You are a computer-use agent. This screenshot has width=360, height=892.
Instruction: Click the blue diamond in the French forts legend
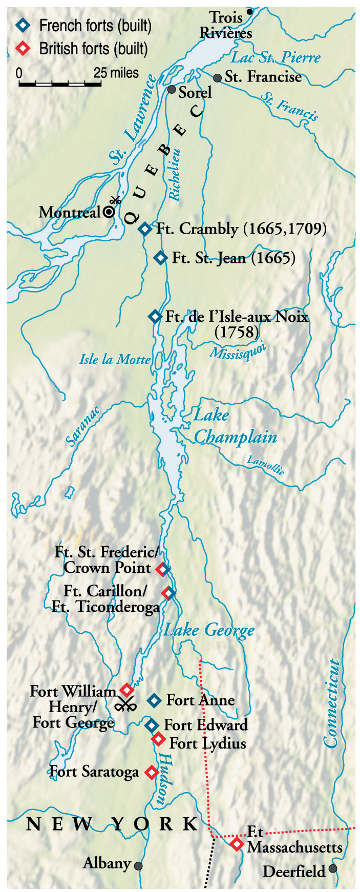tap(23, 25)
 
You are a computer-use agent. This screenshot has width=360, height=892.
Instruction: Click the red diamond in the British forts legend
tap(23, 49)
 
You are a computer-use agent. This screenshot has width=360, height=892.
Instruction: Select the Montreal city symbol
tap(109, 212)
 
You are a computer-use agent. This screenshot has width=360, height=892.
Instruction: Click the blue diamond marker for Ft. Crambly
tap(145, 229)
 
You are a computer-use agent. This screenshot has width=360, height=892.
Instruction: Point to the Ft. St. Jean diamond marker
tap(161, 258)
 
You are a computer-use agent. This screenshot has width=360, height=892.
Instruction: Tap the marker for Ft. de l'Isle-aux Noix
tap(155, 317)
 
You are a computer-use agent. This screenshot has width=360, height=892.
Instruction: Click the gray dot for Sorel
tap(172, 90)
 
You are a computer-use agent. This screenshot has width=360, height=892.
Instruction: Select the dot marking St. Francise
tap(218, 78)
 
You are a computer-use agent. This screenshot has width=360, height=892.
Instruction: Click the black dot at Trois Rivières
tap(250, 11)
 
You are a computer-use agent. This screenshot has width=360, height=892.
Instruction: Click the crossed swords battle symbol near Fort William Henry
tap(124, 705)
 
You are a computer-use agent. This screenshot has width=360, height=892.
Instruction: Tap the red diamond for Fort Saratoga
tap(151, 772)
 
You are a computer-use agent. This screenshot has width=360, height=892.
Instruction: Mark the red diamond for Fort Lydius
tap(158, 739)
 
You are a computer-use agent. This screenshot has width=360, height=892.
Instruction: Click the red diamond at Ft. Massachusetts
tap(236, 844)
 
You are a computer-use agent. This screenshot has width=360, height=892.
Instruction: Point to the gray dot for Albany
tap(138, 866)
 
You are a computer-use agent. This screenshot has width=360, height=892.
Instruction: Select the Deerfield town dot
tap(333, 868)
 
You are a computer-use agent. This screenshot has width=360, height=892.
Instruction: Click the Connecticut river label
tap(331, 703)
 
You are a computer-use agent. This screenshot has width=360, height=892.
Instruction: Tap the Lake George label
tap(209, 630)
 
